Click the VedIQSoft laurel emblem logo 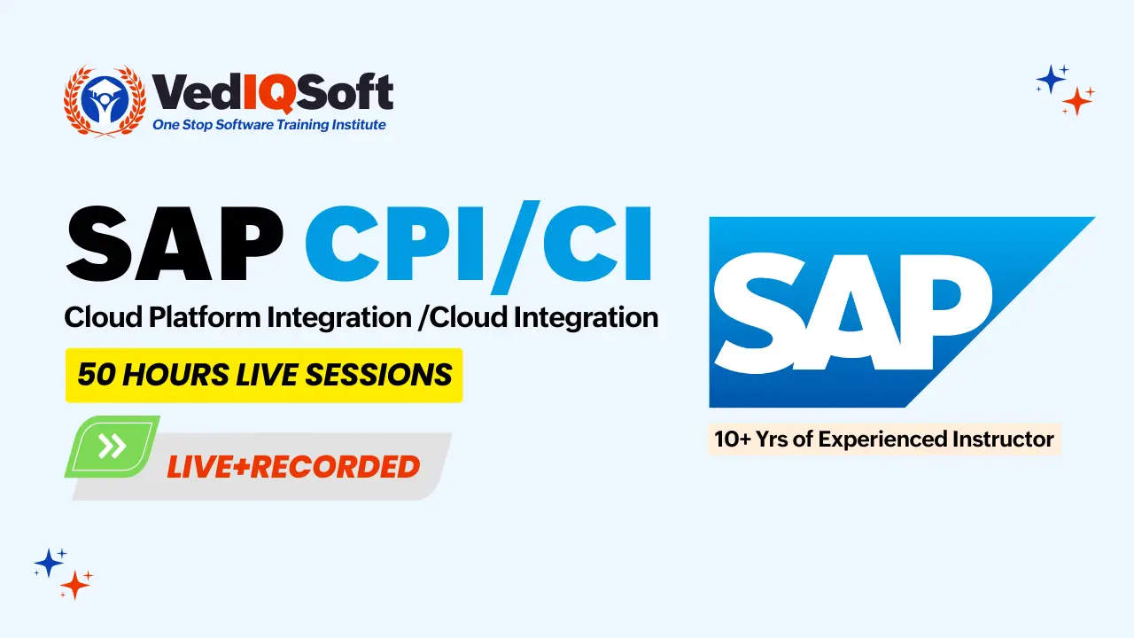pyautogui.click(x=105, y=101)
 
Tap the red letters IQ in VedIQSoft pyautogui.click(x=268, y=93)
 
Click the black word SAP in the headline pyautogui.click(x=175, y=243)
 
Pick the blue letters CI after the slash pyautogui.click(x=597, y=243)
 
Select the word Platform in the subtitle pyautogui.click(x=204, y=317)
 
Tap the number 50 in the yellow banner pyautogui.click(x=97, y=375)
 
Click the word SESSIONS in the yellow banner pyautogui.click(x=378, y=375)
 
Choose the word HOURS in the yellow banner pyautogui.click(x=175, y=375)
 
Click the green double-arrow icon pyautogui.click(x=112, y=446)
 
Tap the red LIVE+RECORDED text pyautogui.click(x=293, y=467)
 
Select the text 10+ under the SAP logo pyautogui.click(x=733, y=439)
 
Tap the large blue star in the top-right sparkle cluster pyautogui.click(x=1051, y=80)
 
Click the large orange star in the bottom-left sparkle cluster pyautogui.click(x=75, y=586)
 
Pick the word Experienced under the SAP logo pyautogui.click(x=882, y=440)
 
